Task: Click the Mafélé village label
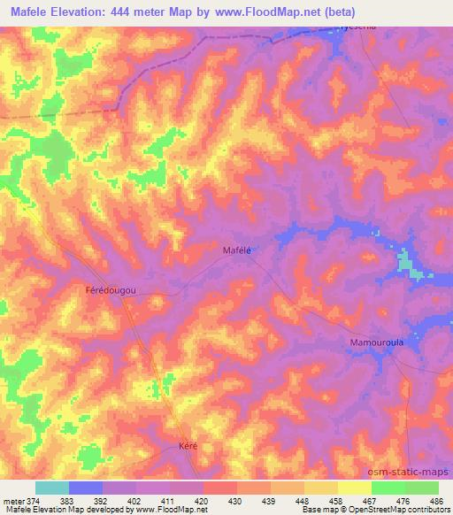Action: (236, 251)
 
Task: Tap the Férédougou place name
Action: (110, 290)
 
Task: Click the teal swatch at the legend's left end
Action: (52, 488)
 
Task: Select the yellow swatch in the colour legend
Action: (354, 488)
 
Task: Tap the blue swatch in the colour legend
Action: (86, 488)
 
